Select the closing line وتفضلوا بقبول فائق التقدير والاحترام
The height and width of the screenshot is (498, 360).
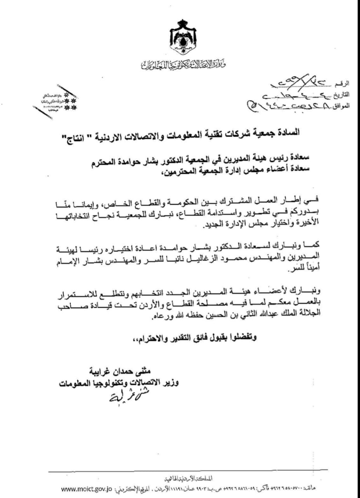tap(194, 338)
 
